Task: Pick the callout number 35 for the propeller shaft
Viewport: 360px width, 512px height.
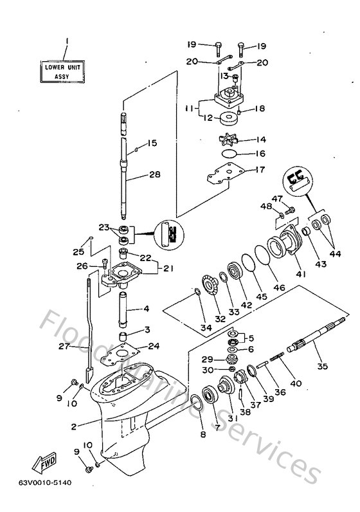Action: [321, 367]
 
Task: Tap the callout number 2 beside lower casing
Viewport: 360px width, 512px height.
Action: [75, 426]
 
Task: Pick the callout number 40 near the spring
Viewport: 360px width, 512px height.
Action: [296, 385]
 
